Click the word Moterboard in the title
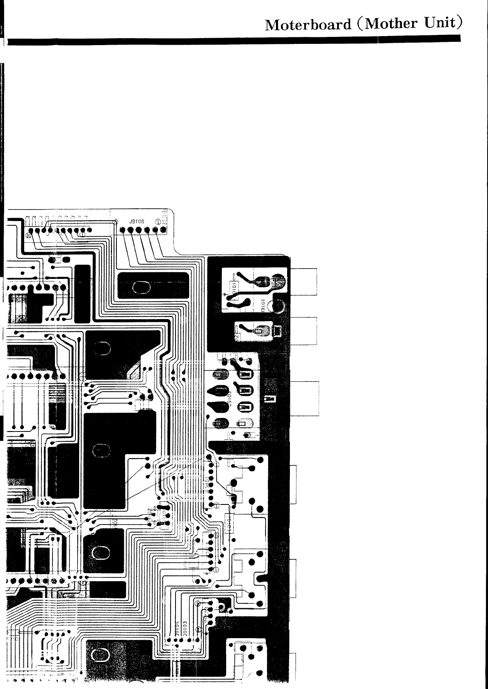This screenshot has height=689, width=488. tap(308, 25)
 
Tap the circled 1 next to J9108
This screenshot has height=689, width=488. tap(157, 221)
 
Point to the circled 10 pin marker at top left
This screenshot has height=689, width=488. tap(28, 236)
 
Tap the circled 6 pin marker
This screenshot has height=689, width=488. tap(216, 535)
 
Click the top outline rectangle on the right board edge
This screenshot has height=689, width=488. tap(304, 281)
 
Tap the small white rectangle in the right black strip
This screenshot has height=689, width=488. tap(269, 399)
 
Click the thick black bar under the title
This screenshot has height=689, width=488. tap(234, 41)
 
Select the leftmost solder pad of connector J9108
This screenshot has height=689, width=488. tap(123, 230)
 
